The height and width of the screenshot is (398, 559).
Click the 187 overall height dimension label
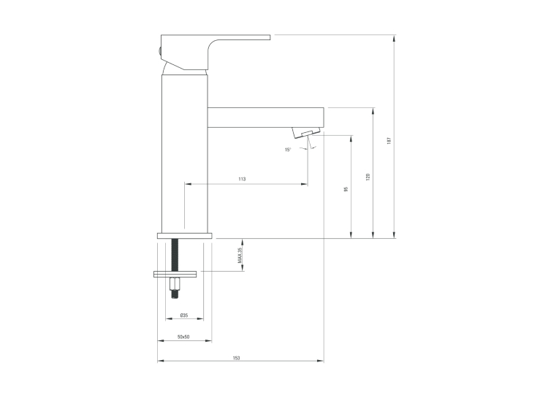[389, 140]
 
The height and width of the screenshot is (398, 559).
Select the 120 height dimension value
[368, 177]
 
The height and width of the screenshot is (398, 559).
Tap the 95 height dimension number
[346, 189]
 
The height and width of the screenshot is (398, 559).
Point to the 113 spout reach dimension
[242, 179]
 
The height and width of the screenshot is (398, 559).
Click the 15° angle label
[288, 150]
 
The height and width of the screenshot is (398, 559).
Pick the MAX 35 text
[240, 255]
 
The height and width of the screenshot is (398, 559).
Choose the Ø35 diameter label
[184, 315]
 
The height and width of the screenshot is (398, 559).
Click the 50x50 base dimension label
[183, 337]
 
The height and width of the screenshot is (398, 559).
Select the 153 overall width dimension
[236, 358]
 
